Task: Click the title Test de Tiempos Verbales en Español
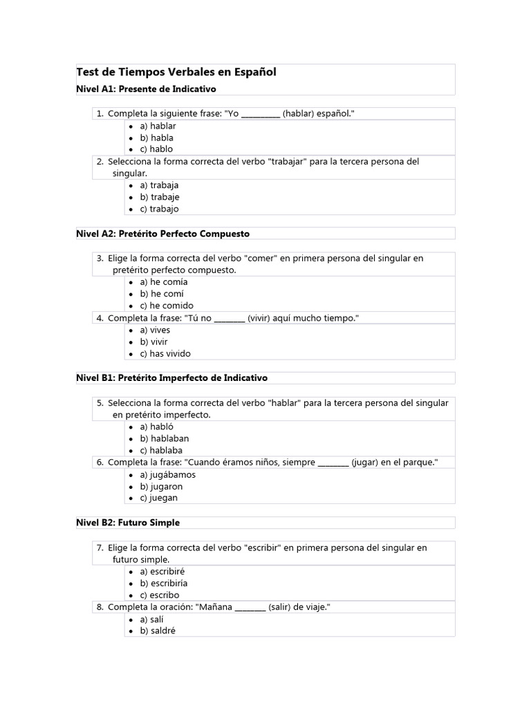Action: point(176,73)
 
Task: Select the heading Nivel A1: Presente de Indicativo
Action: point(146,89)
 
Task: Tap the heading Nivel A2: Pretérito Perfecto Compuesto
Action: point(162,234)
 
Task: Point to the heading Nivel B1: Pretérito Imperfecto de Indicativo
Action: point(171,378)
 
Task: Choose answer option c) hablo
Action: point(156,149)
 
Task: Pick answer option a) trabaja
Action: point(159,185)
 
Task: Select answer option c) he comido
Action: point(167,306)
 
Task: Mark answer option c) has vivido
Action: point(165,354)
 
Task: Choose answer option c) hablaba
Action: point(161,450)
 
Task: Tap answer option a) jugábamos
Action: point(167,475)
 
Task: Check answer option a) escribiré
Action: point(162,572)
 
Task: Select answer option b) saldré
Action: point(158,631)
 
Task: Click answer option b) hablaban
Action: point(165,438)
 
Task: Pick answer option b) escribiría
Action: point(164,584)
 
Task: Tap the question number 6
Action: point(100,462)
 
